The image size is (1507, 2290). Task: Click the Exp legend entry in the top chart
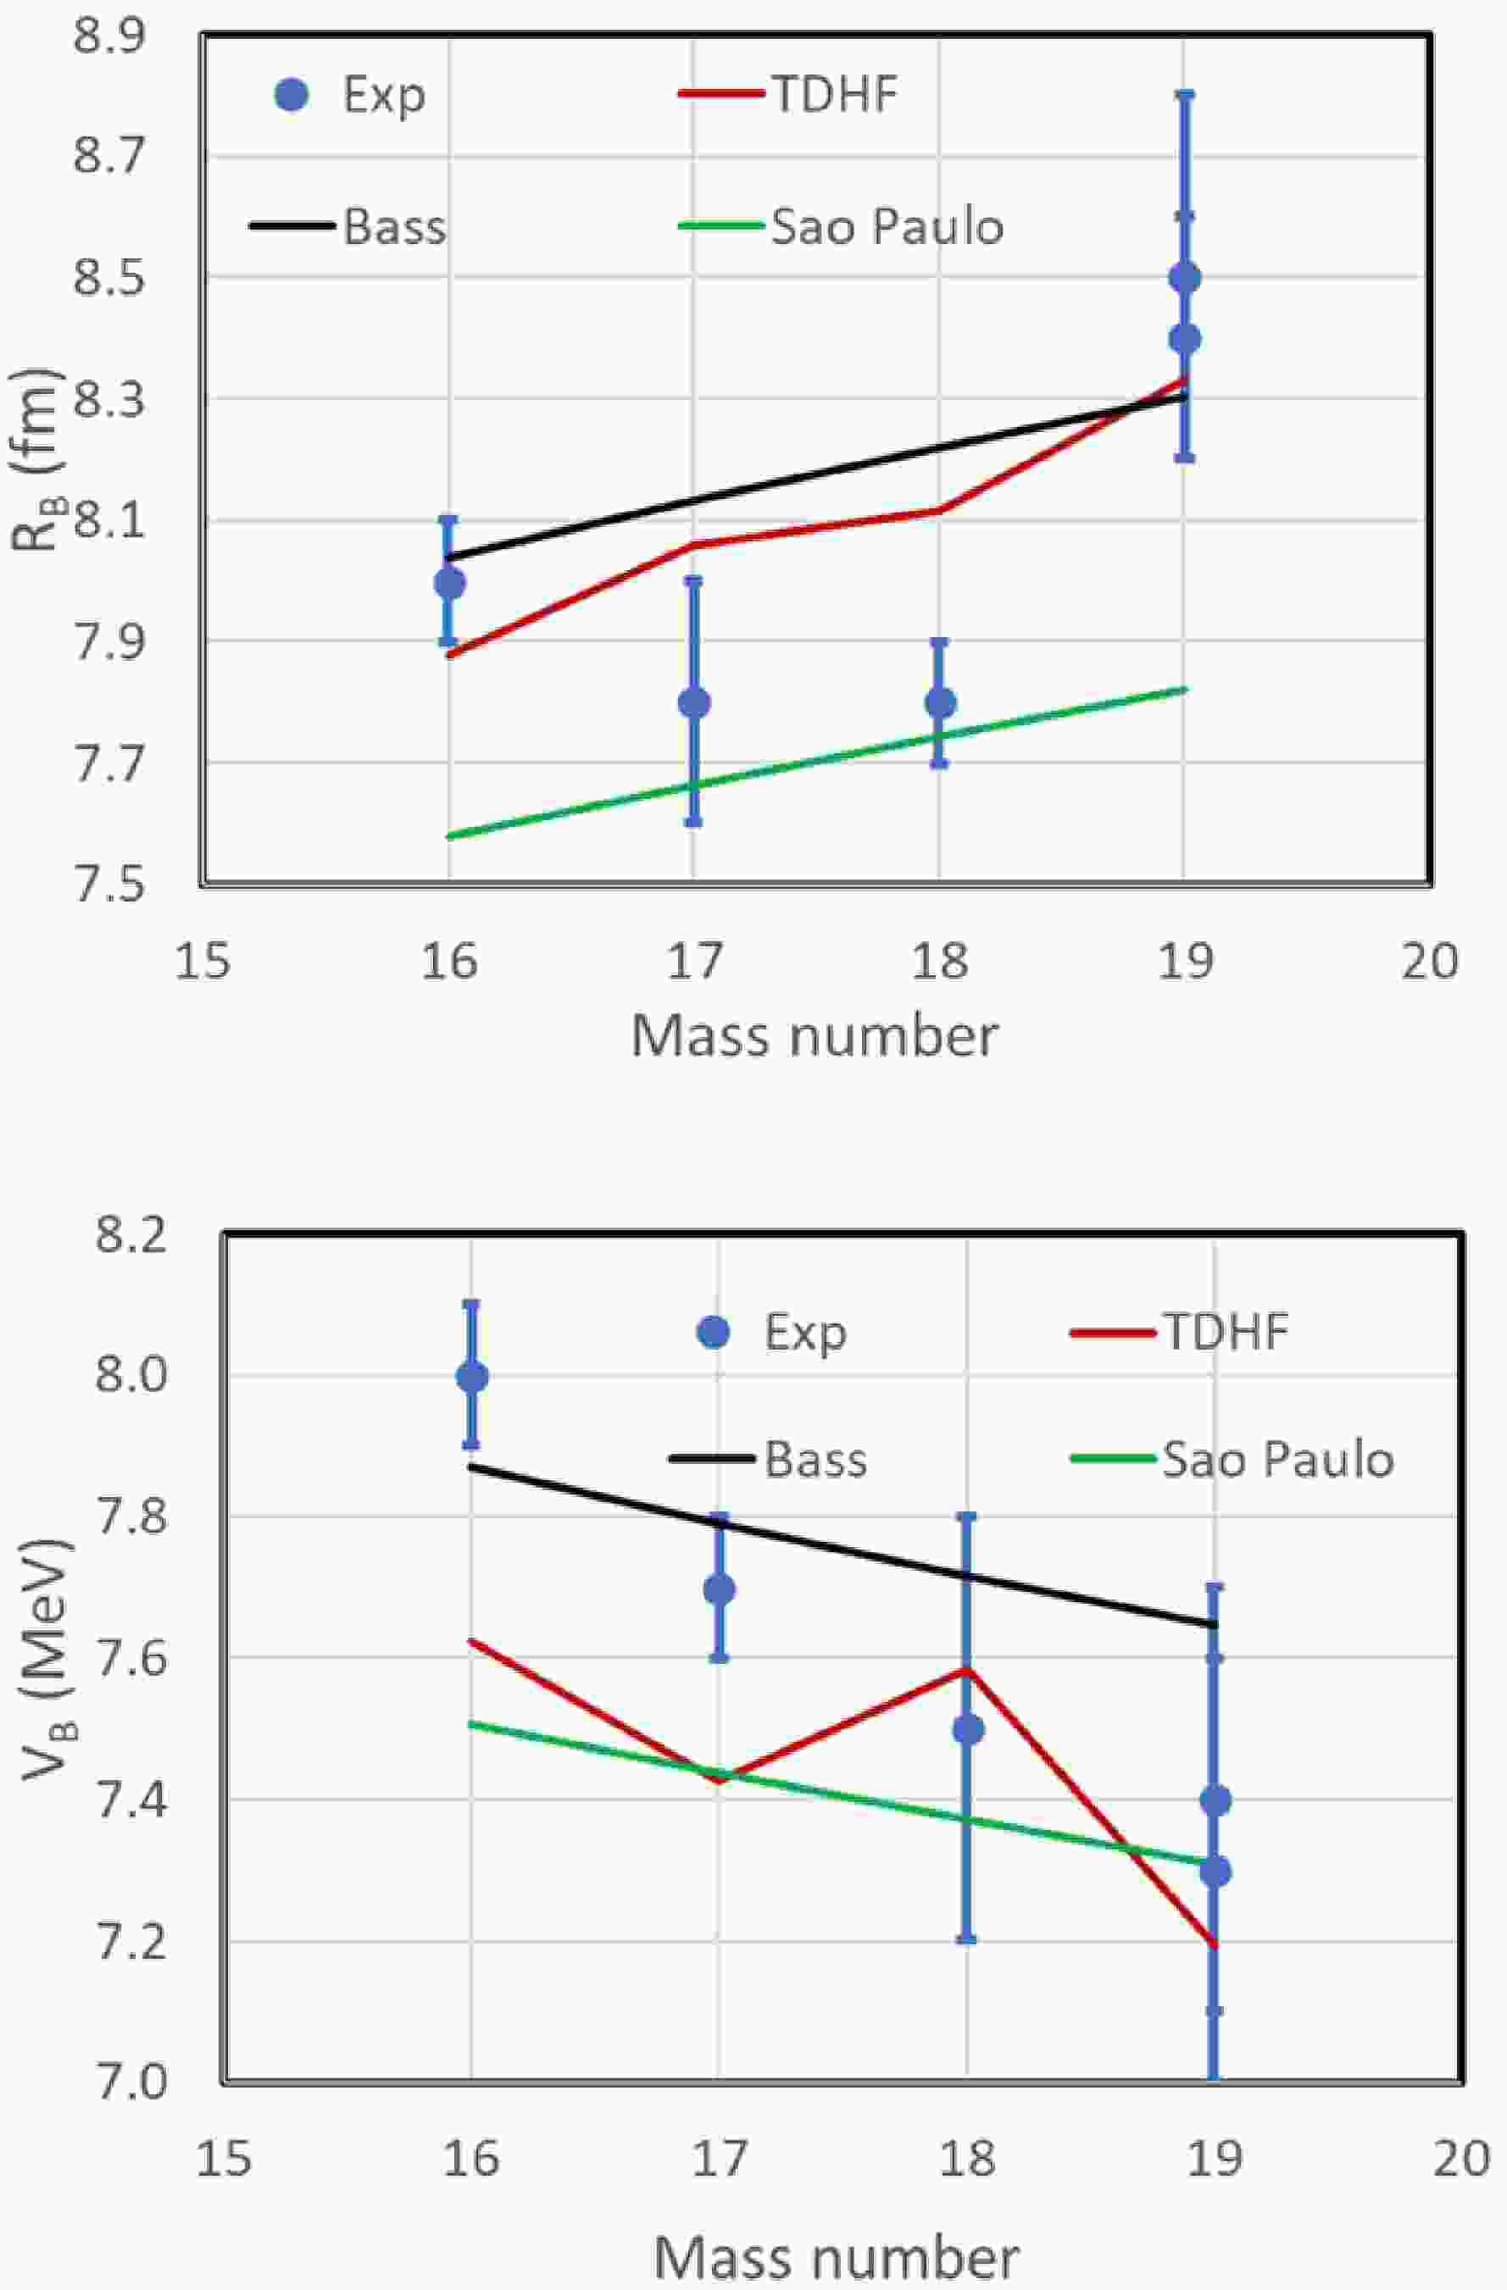point(383,95)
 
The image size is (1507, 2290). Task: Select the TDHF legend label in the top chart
point(834,94)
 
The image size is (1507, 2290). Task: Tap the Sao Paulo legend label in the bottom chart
point(1277,1460)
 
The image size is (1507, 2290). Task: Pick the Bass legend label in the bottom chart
point(815,1460)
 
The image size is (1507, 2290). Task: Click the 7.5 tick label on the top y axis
point(108,884)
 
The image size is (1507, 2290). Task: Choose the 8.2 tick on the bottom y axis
point(131,1235)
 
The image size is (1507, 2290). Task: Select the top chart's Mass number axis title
point(815,1038)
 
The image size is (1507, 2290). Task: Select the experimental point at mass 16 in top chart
point(449,583)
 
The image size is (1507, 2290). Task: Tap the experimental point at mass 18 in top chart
point(939,702)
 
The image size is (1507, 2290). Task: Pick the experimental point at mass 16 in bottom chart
point(471,1377)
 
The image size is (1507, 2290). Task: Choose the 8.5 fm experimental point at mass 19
point(1185,278)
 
